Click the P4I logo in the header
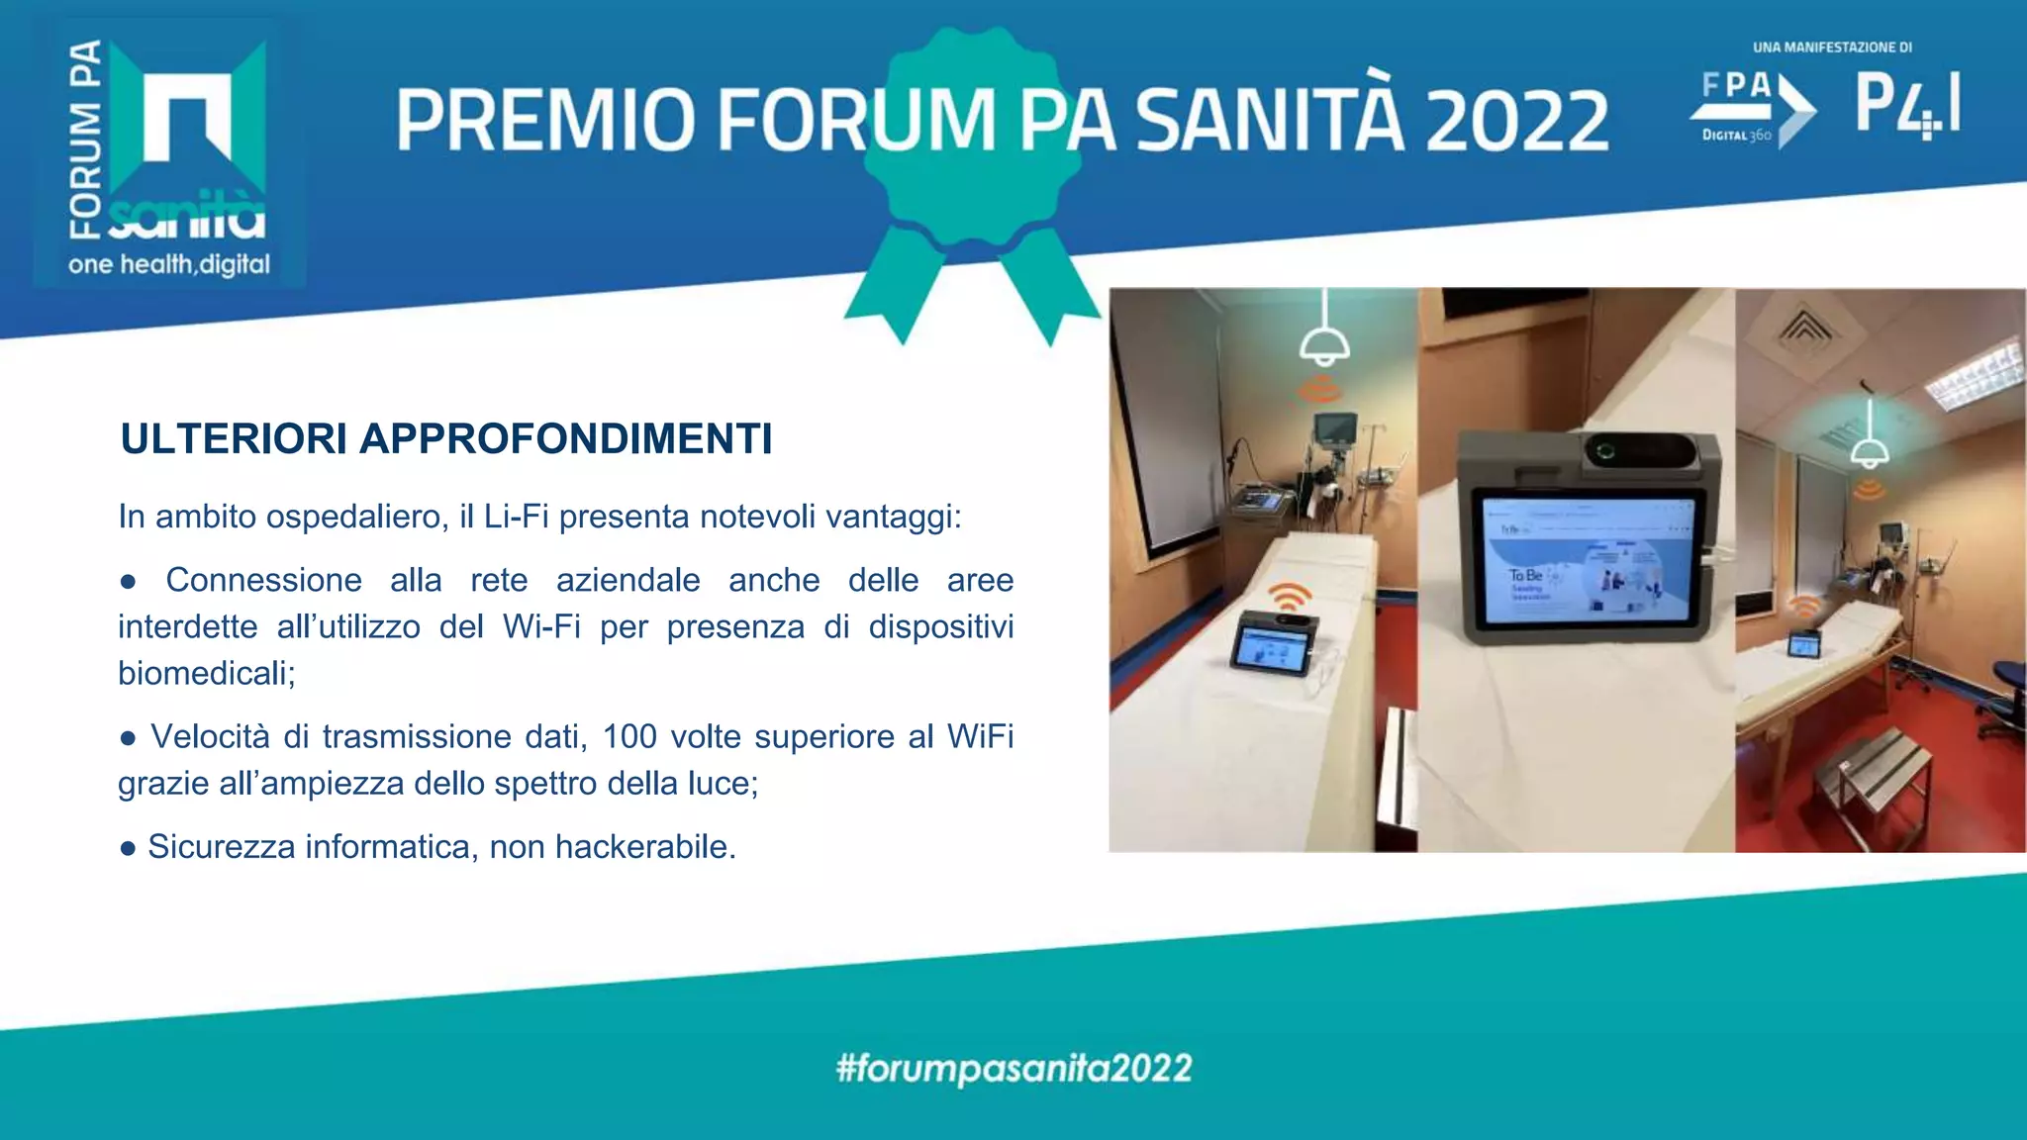[1906, 104]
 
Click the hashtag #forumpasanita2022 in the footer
[1013, 1069]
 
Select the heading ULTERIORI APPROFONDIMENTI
[445, 439]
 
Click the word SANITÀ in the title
[1270, 119]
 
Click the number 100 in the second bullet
[629, 736]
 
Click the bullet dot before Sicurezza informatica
[128, 848]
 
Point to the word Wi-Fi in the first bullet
[541, 627]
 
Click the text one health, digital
[169, 264]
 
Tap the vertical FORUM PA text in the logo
[86, 139]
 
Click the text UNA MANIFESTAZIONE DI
[1832, 47]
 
